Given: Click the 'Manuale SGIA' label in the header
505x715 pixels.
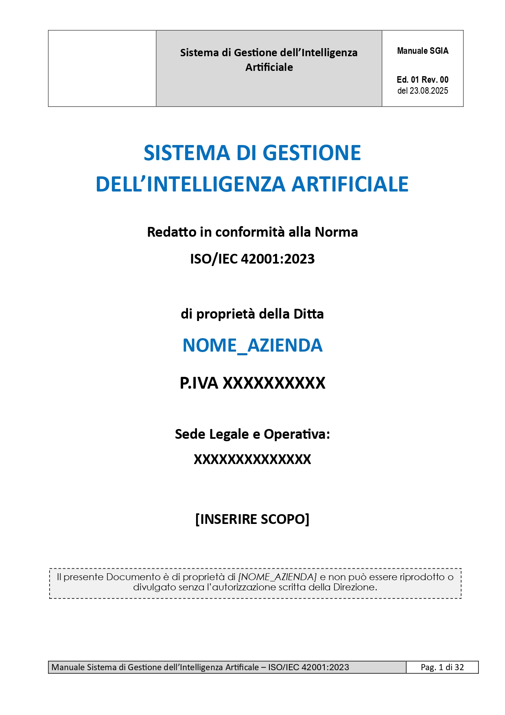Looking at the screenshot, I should (422, 51).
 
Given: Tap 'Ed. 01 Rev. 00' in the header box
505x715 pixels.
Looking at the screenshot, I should (422, 80).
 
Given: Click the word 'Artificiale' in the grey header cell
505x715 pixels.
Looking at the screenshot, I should (269, 67).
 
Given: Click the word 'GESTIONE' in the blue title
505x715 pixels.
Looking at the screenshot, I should (312, 153).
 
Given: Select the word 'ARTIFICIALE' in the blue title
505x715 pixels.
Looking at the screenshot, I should (350, 184).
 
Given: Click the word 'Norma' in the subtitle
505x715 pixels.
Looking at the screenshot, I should (336, 232).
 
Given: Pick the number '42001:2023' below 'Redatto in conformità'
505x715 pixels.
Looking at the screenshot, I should (278, 259).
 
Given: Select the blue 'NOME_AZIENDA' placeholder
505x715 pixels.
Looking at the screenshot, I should (252, 345).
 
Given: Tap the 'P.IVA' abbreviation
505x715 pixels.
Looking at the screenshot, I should (199, 383).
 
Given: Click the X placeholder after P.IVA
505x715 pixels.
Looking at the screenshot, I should (274, 383).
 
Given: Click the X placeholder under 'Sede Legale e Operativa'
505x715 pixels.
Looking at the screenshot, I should (252, 460).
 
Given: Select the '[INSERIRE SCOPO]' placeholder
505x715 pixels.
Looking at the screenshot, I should (252, 519).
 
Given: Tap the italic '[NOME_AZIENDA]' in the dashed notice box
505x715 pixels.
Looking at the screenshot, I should (277, 577).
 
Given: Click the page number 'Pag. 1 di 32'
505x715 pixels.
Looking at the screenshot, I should (442, 667).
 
